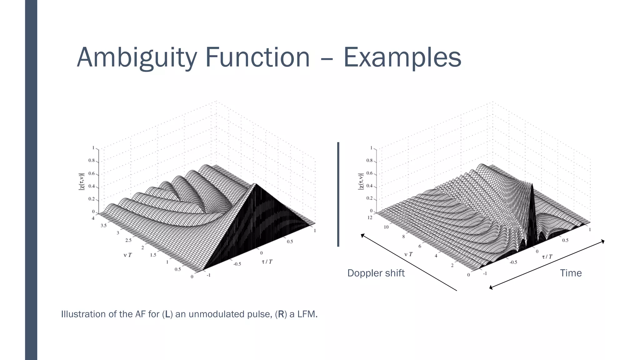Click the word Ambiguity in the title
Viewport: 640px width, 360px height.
pos(137,57)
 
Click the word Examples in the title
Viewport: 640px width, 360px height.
pos(402,57)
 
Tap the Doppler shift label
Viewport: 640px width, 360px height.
pos(376,273)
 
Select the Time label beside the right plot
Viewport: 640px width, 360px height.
pos(571,273)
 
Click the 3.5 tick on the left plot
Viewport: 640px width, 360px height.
pos(103,225)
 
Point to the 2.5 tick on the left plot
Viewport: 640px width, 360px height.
pos(128,240)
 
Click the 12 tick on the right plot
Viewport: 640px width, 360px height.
pos(370,217)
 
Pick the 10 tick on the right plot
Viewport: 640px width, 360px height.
pos(386,227)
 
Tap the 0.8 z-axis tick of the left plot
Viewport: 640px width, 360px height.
pos(91,161)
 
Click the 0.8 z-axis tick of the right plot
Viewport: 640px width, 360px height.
pos(369,161)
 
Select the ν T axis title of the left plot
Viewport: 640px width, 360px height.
pos(128,255)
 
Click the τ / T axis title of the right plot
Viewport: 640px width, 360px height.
pos(547,257)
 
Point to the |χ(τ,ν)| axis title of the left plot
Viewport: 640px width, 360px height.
pos(82,182)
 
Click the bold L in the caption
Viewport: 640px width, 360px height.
pos(167,314)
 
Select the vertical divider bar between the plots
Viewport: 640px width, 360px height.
pos(338,194)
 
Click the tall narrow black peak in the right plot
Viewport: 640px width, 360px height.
pos(532,200)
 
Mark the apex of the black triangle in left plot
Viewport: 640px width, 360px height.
pos(256,184)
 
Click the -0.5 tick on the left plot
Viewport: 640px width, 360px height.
pos(237,264)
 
